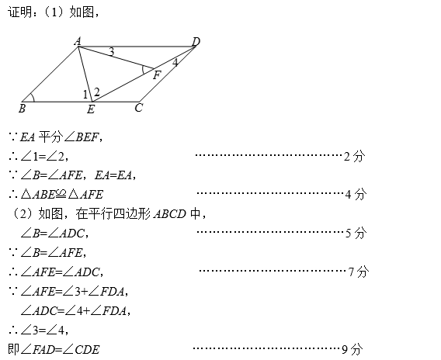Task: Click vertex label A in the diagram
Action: [x=78, y=41]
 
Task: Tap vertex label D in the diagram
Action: [x=196, y=42]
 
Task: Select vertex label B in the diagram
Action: [x=22, y=108]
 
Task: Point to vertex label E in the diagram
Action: [x=91, y=109]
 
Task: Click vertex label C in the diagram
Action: [x=139, y=108]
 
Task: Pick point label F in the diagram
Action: [x=157, y=75]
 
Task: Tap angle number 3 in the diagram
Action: [x=111, y=52]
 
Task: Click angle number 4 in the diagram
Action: [x=175, y=62]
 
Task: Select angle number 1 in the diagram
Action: [x=85, y=95]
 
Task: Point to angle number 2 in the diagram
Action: [x=97, y=92]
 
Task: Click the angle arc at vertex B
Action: [x=33, y=97]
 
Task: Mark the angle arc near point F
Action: [x=143, y=70]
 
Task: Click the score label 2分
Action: [x=354, y=156]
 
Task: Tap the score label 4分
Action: [x=356, y=194]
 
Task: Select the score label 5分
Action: [x=356, y=233]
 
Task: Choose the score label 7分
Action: [x=359, y=272]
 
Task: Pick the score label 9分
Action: [x=352, y=349]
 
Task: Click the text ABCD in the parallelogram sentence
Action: [x=170, y=214]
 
